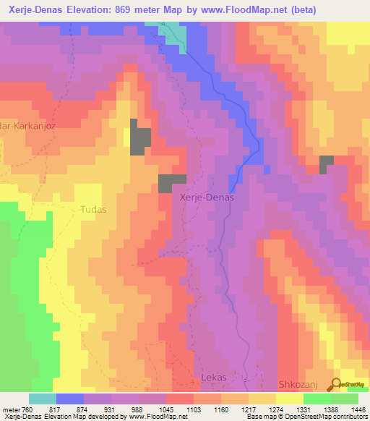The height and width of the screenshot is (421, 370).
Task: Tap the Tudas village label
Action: tap(91, 210)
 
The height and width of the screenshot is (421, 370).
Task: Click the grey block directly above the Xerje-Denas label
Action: tap(172, 183)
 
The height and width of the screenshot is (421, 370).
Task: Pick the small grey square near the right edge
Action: tap(327, 165)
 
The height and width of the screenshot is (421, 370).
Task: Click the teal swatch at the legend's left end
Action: tap(42, 399)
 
